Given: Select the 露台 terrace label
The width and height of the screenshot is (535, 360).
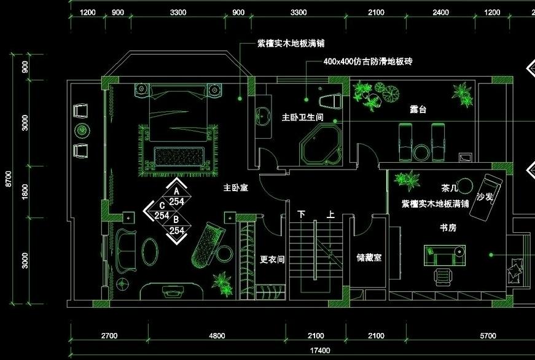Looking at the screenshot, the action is [x=418, y=109].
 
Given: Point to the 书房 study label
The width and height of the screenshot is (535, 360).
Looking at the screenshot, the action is [x=447, y=227].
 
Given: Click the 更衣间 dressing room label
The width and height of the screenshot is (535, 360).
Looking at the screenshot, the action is [x=272, y=260].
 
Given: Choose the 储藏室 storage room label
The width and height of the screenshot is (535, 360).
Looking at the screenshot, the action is [x=369, y=258].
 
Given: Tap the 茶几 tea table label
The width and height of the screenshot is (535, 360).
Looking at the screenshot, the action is [x=449, y=187].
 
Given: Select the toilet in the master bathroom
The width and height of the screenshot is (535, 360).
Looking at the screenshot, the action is [x=330, y=98].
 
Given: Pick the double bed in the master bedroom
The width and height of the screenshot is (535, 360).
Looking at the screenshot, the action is [x=178, y=123].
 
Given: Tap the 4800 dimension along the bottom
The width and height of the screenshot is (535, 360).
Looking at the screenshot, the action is [x=217, y=336].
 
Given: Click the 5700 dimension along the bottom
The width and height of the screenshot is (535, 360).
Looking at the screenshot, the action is [x=487, y=336].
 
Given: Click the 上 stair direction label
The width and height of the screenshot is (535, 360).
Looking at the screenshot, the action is [x=331, y=215].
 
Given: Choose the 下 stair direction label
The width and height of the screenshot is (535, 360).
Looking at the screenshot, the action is [x=302, y=215].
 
